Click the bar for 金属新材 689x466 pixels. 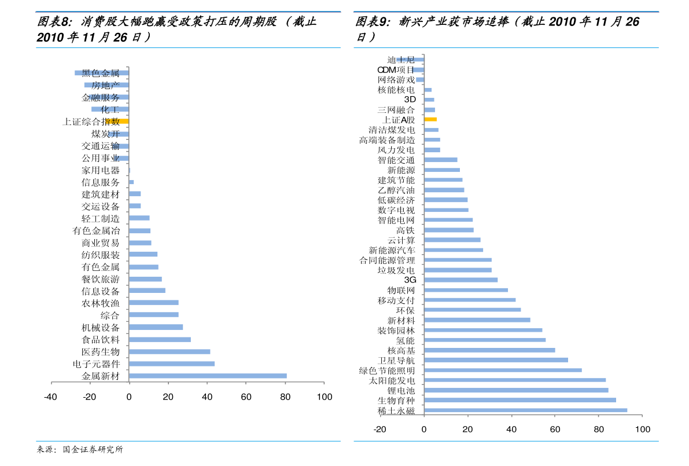coord(208,376)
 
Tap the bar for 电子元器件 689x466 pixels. coord(172,364)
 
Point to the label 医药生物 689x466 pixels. coord(101,352)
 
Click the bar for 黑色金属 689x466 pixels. coord(101,73)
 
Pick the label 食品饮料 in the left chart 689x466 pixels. coord(101,340)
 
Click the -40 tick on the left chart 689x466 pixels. coord(50,397)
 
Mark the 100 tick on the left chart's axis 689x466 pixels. coord(325,397)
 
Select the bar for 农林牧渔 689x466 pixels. coord(154,303)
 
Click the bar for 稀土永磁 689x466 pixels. coord(525,410)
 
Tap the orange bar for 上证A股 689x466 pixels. coord(430,119)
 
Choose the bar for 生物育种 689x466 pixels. coord(519,400)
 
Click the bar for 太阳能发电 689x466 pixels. coord(515,380)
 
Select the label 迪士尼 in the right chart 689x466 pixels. coord(401,60)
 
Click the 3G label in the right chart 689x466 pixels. coord(410,280)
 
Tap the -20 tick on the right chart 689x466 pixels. coord(379,430)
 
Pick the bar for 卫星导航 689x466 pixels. coord(496,360)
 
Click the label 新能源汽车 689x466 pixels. coord(392,250)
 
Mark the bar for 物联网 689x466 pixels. coord(466,290)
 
